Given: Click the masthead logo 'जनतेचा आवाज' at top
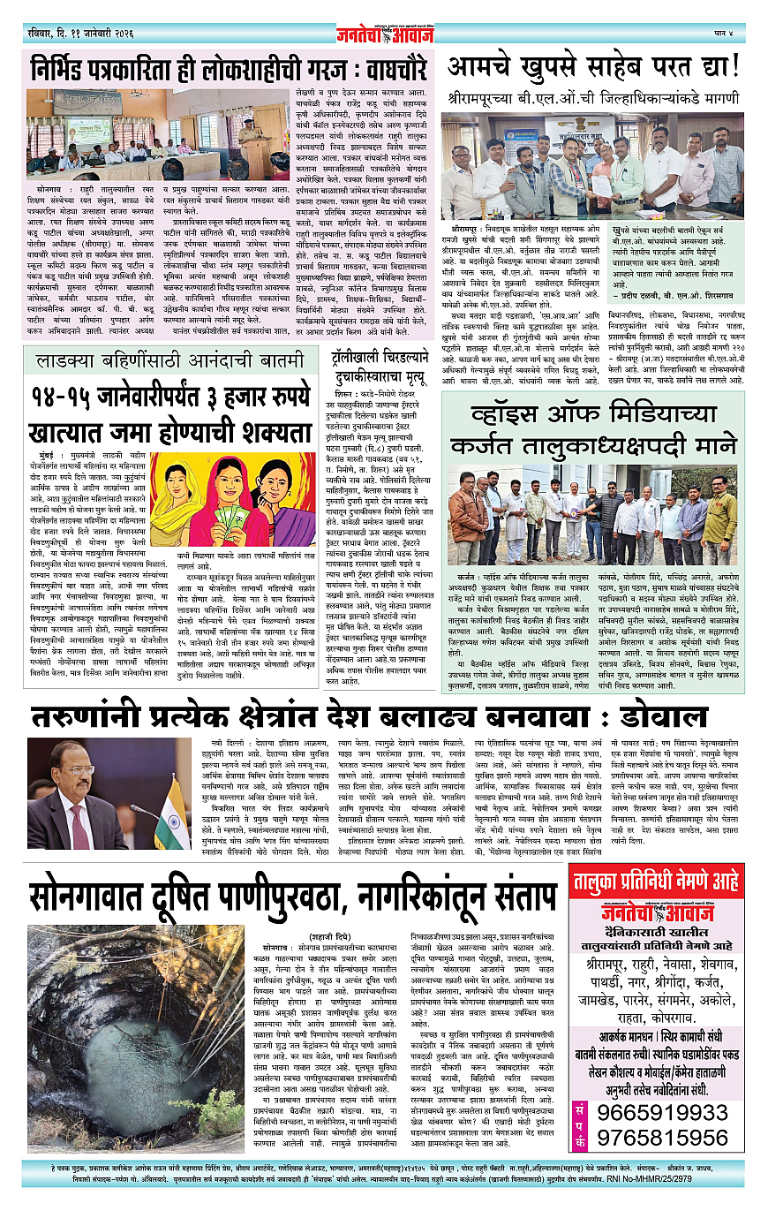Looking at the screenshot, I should tap(385, 34).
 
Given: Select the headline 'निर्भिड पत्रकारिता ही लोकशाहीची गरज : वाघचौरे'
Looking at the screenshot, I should tap(228, 68).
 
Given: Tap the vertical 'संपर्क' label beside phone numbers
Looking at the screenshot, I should tap(581, 1123).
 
